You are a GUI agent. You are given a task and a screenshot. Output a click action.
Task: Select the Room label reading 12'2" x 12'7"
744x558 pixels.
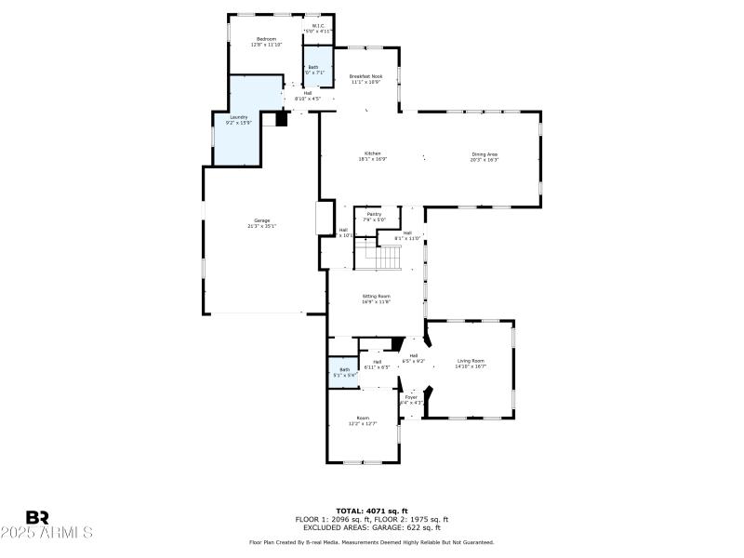pos(363,420)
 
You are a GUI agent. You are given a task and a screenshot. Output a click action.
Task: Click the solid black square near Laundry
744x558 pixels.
pos(283,118)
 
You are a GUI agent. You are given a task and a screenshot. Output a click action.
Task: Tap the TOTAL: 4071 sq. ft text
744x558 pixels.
pos(371,511)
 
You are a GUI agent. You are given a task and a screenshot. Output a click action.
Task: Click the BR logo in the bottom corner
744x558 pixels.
pos(37,517)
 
